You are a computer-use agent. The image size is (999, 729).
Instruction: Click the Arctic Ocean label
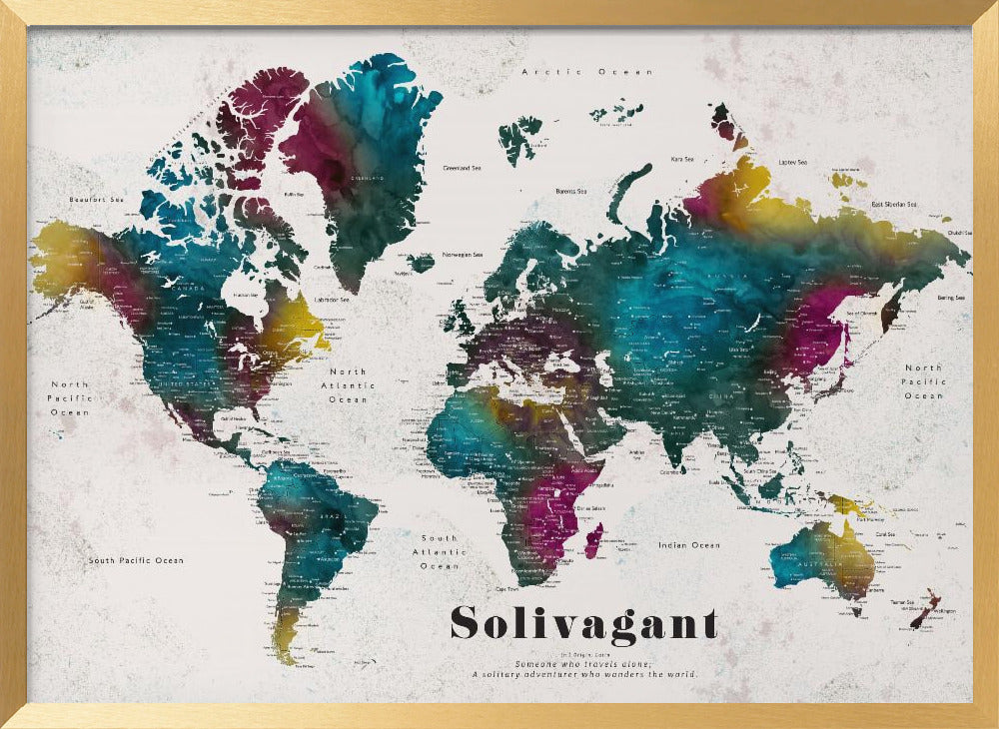click(x=587, y=72)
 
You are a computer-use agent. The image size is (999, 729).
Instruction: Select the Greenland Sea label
click(x=464, y=168)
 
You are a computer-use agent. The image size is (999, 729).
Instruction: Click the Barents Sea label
click(x=571, y=191)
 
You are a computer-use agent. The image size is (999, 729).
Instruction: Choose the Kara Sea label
click(x=682, y=159)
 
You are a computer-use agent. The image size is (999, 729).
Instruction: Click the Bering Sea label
click(x=951, y=298)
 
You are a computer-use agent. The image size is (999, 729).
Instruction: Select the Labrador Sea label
click(x=332, y=300)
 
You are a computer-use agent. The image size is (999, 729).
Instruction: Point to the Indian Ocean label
click(x=689, y=545)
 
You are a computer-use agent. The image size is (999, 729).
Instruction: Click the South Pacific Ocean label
click(x=136, y=560)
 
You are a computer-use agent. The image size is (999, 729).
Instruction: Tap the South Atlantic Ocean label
click(x=440, y=552)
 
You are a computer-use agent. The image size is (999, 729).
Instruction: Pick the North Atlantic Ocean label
click(x=349, y=385)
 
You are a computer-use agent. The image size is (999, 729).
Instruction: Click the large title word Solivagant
click(x=583, y=623)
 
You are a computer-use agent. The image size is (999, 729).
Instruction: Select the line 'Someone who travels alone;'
click(x=583, y=664)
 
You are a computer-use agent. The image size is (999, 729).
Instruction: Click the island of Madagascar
click(x=592, y=542)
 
